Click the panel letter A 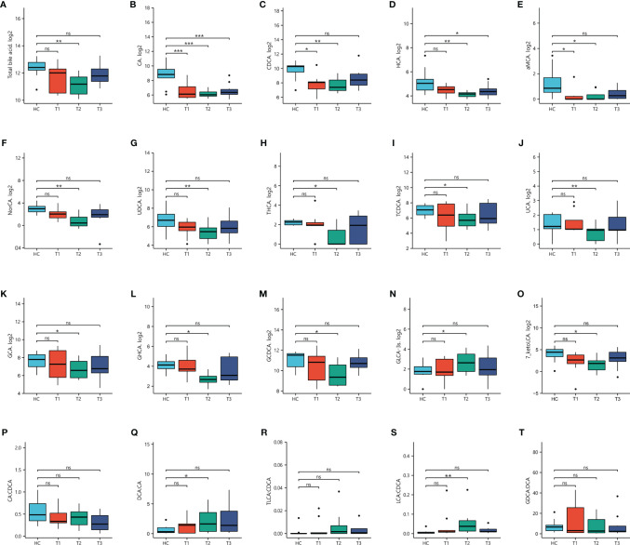[x=6, y=6]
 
